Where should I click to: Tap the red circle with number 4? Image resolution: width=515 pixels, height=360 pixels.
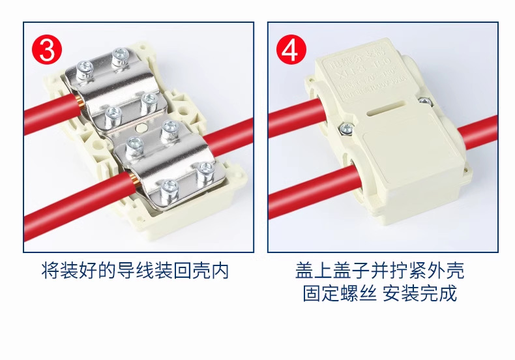coord(291,50)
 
